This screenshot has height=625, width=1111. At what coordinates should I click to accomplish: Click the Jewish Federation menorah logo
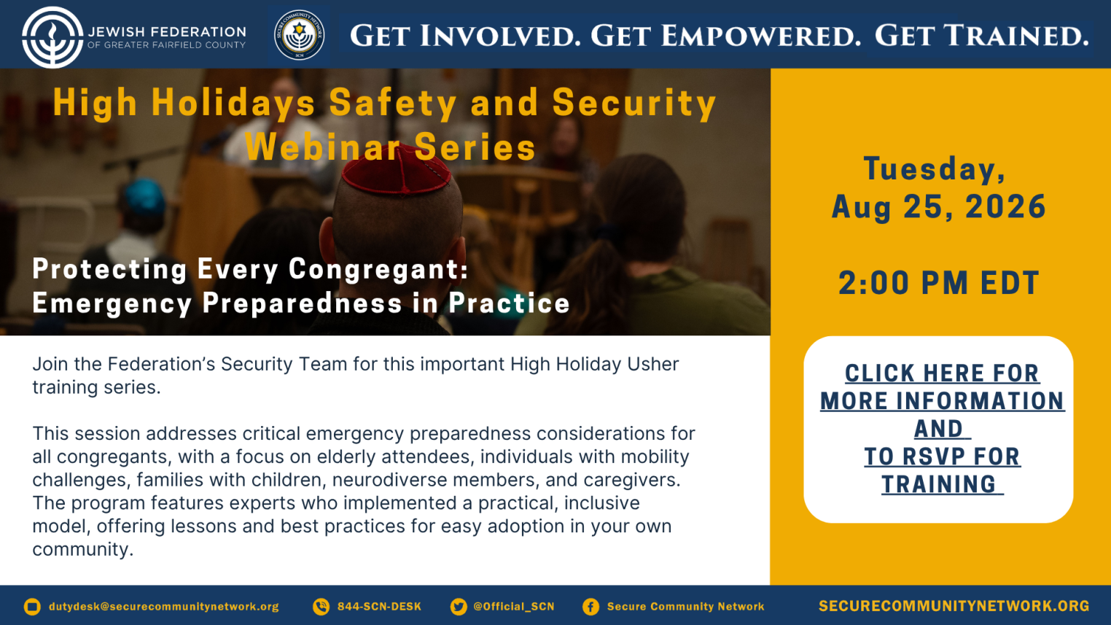52,37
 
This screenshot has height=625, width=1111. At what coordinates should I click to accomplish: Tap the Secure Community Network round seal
300,35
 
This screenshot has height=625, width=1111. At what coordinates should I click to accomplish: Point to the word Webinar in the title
324,147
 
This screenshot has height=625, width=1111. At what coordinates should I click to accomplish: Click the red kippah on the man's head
396,168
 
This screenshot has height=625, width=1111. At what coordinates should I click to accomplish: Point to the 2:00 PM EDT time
939,283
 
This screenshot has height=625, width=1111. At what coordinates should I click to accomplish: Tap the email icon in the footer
32,606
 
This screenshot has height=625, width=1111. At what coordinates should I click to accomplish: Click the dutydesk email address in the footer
164,607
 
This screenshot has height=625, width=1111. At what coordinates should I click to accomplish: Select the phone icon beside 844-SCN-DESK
321,606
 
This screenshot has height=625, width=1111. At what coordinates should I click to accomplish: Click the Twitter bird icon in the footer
459,606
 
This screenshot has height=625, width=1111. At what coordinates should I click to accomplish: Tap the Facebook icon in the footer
590,606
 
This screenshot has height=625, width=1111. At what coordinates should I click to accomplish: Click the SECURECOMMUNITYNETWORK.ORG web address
954,606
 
